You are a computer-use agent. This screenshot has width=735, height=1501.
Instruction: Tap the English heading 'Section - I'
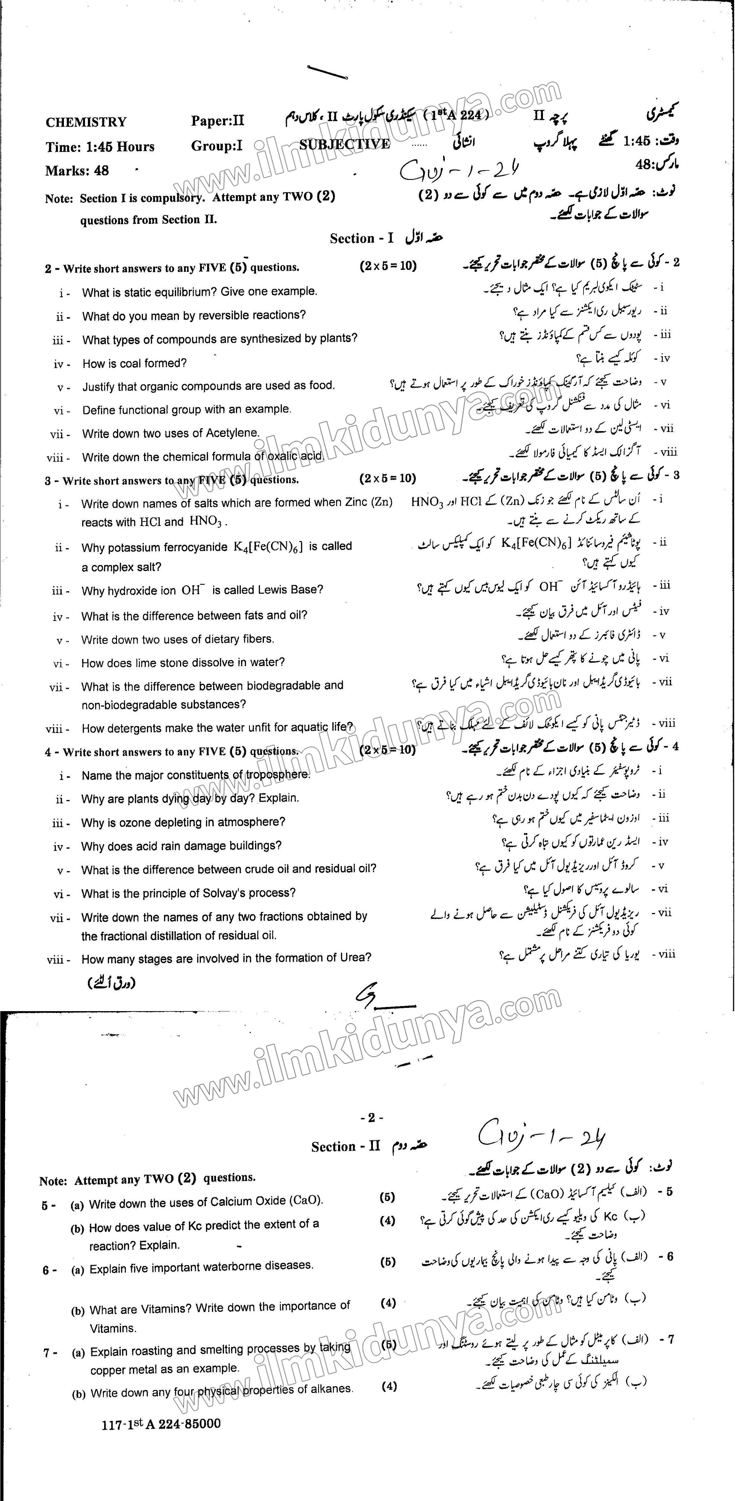coord(361,238)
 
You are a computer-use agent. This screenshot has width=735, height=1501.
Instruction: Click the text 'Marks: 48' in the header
coord(77,171)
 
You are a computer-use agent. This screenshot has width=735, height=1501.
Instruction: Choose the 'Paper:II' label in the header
coord(217,121)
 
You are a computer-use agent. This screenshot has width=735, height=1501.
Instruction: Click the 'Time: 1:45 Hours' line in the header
coord(100,147)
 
